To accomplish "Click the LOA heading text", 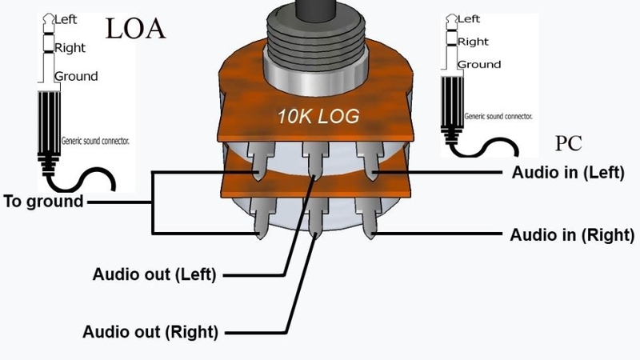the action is coord(135,29).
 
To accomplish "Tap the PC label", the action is coord(568,143).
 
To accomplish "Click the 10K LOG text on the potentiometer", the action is coord(318,116).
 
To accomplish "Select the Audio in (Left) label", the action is coord(568,172).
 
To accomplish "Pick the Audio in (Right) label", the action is coord(572,235).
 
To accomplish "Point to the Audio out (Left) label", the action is coord(154,274).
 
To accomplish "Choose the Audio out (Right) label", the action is coord(150,332).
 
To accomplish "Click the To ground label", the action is coord(43,202).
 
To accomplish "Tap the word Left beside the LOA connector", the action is coord(66,19).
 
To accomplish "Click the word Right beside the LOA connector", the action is coord(70,48).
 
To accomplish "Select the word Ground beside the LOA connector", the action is coord(76,76).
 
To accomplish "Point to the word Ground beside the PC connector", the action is coord(479,65).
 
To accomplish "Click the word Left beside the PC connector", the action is coord(469,18).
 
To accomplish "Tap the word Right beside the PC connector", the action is coord(473,42).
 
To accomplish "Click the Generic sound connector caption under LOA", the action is coord(95,141).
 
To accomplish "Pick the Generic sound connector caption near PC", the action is coord(498,116).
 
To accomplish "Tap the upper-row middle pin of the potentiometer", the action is coord(315,160).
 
